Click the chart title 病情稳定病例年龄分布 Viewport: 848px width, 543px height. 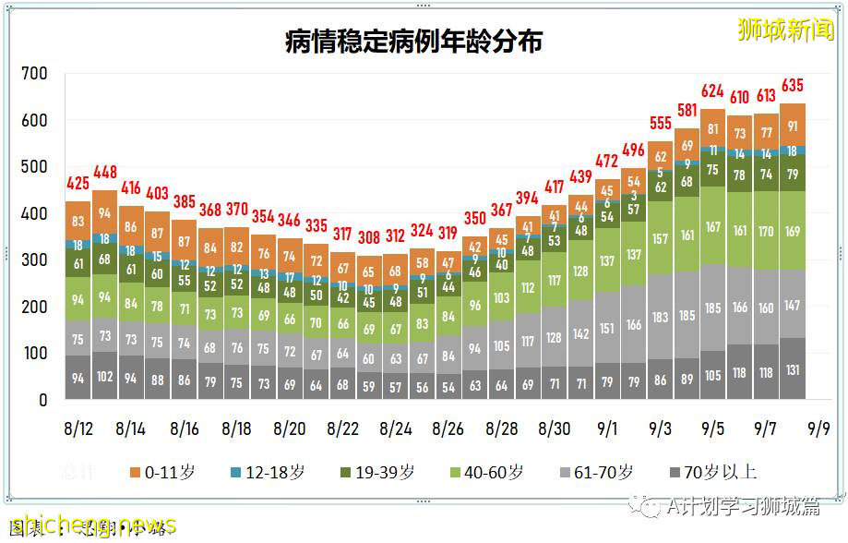pos(412,42)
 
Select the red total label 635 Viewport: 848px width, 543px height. pos(793,86)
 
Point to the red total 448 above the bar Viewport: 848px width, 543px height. pos(104,172)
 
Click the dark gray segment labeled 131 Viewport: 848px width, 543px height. pos(793,369)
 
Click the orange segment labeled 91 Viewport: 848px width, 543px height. pos(793,126)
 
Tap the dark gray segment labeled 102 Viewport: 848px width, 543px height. pos(104,376)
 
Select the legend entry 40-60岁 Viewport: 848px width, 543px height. pos(483,472)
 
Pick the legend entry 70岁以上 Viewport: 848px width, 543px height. pos(710,472)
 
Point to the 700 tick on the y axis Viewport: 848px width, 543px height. pos(35,73)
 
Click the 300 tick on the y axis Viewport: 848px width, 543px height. pos(35,260)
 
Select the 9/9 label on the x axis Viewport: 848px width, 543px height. pos(819,429)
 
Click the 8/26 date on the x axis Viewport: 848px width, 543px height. pos(448,429)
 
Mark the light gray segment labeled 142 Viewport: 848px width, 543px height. pos(581,333)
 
